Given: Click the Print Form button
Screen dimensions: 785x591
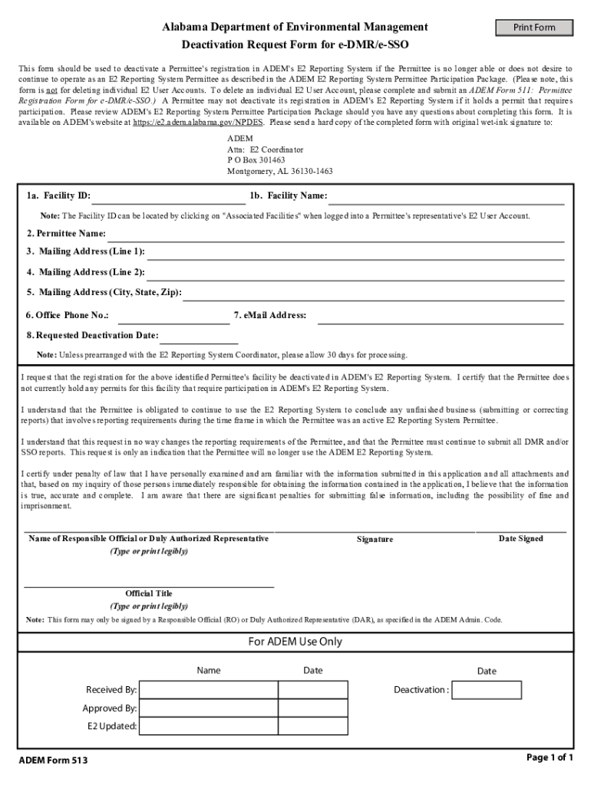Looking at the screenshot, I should pyautogui.click(x=535, y=28).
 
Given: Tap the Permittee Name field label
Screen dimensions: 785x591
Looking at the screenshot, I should pyautogui.click(x=66, y=234).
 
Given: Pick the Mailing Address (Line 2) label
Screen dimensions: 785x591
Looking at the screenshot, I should pyautogui.click(x=85, y=272).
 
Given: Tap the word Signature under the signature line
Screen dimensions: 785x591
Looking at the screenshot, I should pyautogui.click(x=375, y=540).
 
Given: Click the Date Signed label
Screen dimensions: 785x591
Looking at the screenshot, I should pyautogui.click(x=520, y=539).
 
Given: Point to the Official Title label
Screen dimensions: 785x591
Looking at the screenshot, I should pyautogui.click(x=149, y=593).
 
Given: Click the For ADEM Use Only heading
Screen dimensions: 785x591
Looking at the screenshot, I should pyautogui.click(x=295, y=642).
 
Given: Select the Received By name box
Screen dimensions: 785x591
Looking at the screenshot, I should pyautogui.click(x=208, y=690).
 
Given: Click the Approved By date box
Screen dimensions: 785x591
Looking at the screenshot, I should pyautogui.click(x=312, y=708).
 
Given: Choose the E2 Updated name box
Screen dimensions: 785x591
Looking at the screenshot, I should pyautogui.click(x=208, y=727).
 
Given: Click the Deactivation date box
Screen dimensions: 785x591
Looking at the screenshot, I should pyautogui.click(x=487, y=690).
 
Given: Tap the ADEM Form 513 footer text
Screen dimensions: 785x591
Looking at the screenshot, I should pyautogui.click(x=53, y=761).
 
